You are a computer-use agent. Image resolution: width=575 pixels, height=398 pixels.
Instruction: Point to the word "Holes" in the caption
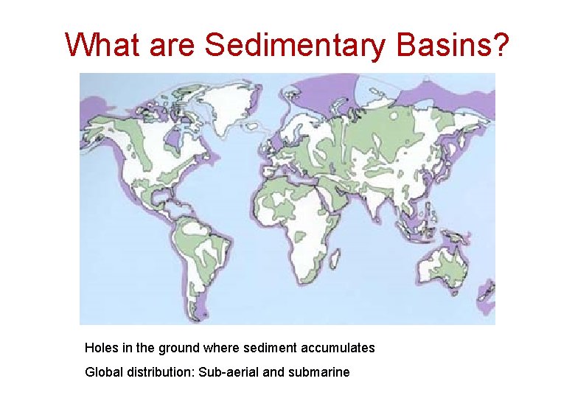point(100,347)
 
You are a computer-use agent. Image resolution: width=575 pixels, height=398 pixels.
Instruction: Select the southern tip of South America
point(197,315)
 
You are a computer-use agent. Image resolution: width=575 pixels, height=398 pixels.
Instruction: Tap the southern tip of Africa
point(302,276)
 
